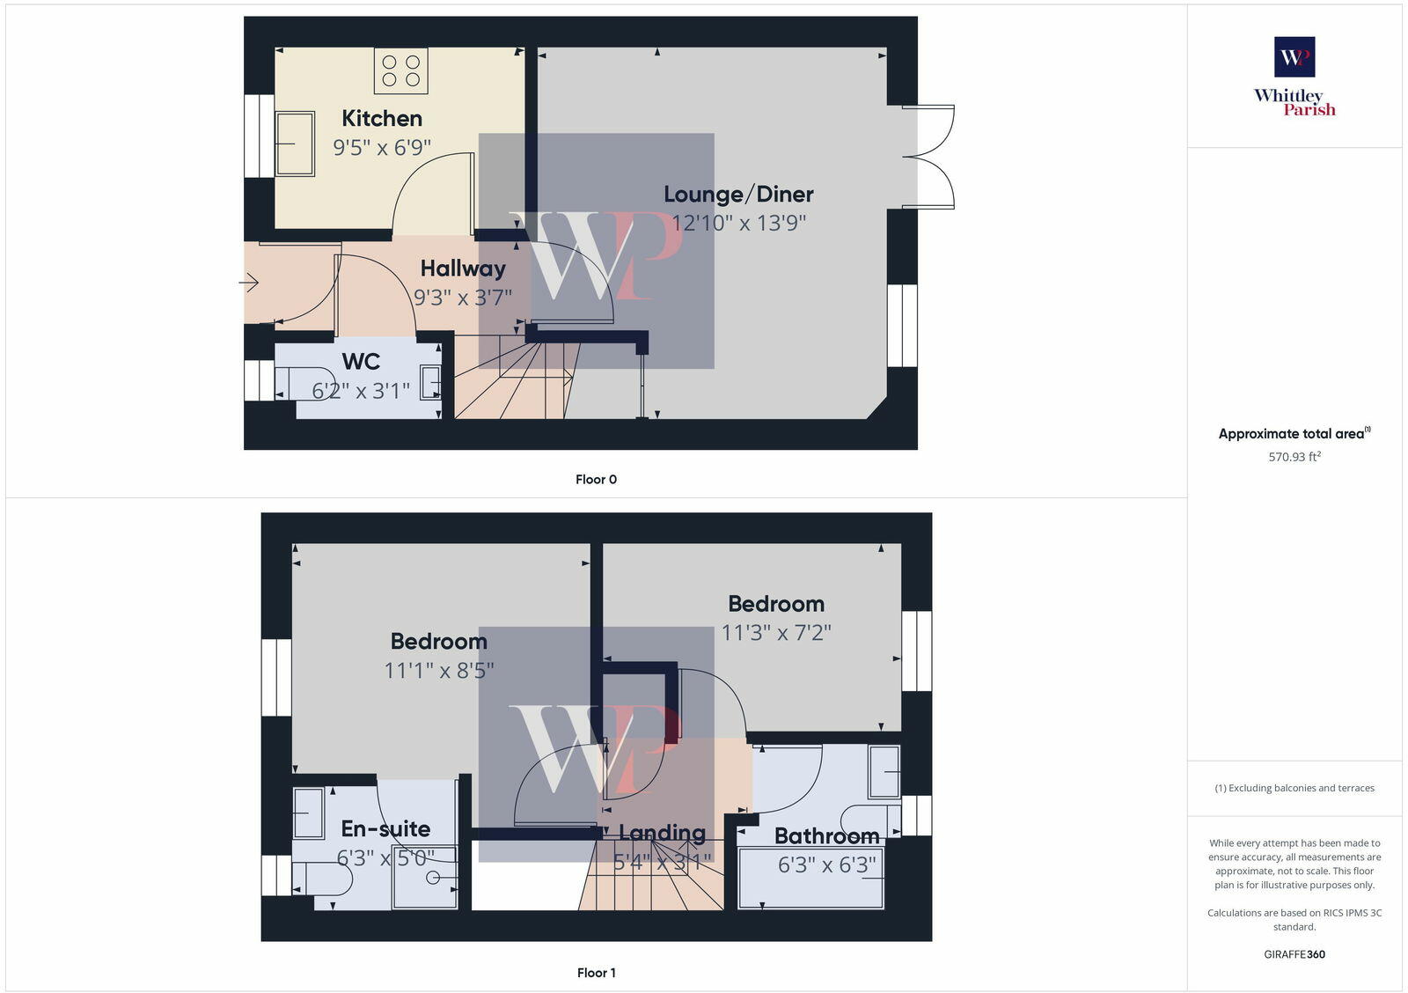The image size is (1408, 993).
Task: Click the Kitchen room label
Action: click(382, 118)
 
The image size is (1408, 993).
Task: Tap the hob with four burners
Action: click(401, 71)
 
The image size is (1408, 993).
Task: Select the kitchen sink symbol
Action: click(295, 143)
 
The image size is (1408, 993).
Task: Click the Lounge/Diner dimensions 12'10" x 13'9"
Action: click(738, 223)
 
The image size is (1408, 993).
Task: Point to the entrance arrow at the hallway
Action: click(249, 283)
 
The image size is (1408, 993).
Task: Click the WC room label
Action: click(361, 362)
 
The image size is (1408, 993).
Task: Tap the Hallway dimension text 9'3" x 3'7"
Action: click(463, 298)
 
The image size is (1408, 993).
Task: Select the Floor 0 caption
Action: click(596, 480)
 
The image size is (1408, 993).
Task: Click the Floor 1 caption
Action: click(596, 973)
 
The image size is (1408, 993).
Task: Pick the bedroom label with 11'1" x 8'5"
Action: click(438, 641)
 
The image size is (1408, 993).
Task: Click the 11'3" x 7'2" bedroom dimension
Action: click(775, 632)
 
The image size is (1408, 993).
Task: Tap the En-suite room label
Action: click(385, 828)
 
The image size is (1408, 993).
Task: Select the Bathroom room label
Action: click(826, 835)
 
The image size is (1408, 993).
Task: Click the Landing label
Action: click(662, 833)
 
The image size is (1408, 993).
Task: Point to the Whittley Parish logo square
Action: click(1294, 57)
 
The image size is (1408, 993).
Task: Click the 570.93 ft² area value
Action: click(1294, 457)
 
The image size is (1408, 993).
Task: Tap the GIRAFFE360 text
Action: click(1294, 954)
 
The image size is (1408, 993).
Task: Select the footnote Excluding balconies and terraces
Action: click(1294, 788)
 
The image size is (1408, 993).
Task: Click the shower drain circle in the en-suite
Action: click(432, 878)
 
